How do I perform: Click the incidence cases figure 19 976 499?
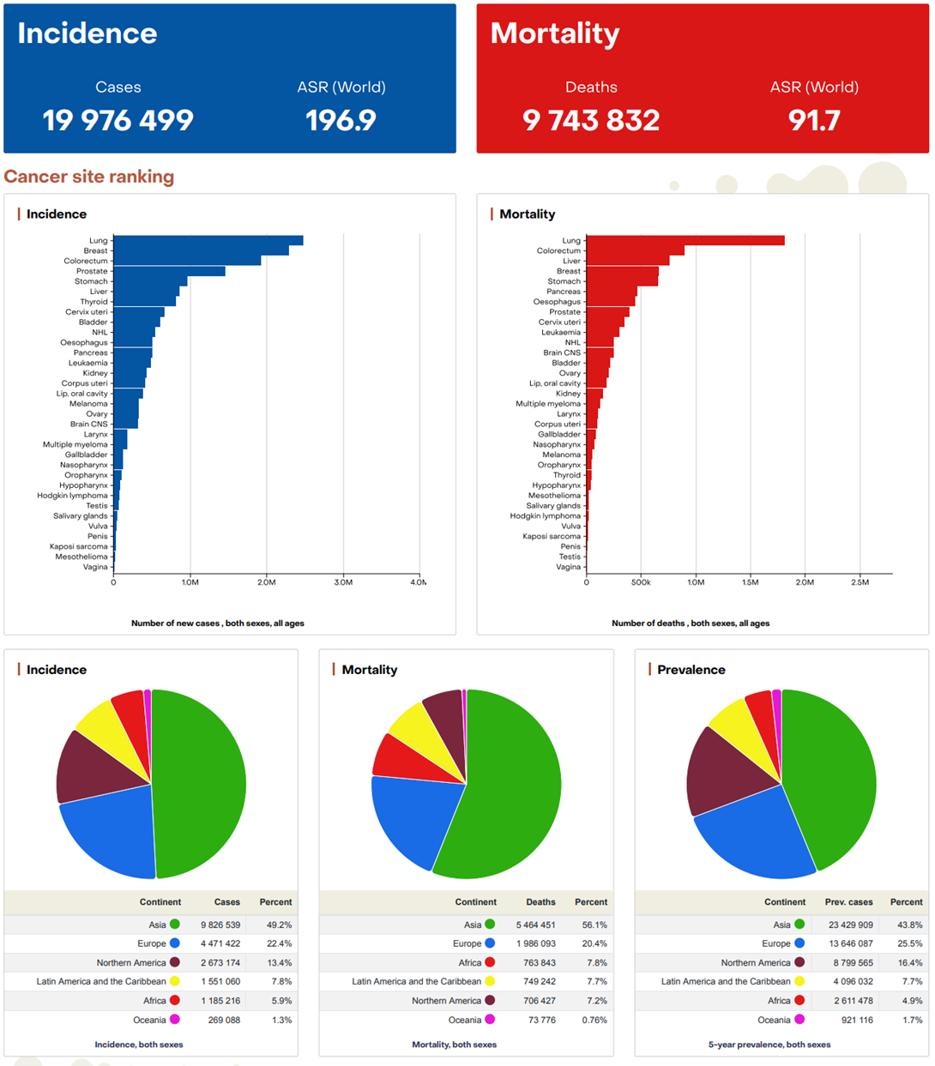118,120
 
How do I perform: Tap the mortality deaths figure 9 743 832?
591,120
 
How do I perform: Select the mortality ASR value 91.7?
814,120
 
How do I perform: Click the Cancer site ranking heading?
89,177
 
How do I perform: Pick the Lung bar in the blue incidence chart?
208,241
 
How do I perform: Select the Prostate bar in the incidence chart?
169,271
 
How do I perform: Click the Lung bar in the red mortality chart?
685,241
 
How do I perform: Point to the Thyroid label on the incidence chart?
94,302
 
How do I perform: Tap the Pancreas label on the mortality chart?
564,292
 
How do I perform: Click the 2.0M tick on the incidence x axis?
266,582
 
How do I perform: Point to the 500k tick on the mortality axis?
641,582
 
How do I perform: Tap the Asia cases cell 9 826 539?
220,925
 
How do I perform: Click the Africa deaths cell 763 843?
540,963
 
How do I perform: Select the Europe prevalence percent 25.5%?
907,944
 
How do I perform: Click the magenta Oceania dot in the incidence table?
175,1020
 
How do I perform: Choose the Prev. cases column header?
848,902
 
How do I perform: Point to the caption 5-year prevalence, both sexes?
769,1045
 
